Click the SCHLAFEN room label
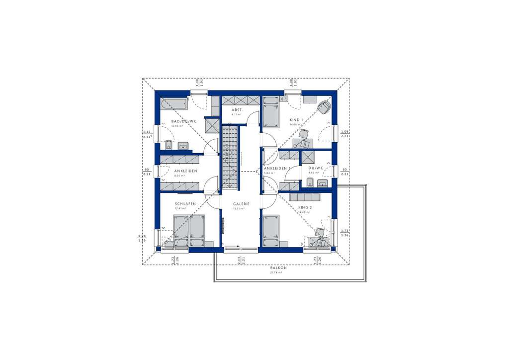pyautogui.click(x=185, y=204)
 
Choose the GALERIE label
pyautogui.click(x=241, y=204)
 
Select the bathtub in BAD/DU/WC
pyautogui.click(x=173, y=104)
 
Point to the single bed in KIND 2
pyautogui.click(x=271, y=230)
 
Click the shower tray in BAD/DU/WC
pyautogui.click(x=212, y=124)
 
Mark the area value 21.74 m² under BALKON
pyautogui.click(x=277, y=272)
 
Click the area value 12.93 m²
pyautogui.click(x=176, y=126)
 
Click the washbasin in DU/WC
pyautogui.click(x=323, y=183)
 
